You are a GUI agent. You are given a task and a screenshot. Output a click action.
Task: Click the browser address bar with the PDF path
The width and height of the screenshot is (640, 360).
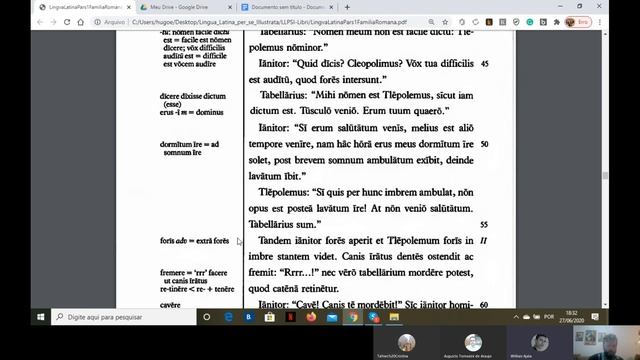300,20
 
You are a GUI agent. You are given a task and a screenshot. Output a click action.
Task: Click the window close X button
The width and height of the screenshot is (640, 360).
629,6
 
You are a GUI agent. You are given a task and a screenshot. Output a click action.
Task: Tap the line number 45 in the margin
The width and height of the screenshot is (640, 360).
484,63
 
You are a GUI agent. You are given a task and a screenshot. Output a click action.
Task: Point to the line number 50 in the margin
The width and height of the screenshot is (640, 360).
484,144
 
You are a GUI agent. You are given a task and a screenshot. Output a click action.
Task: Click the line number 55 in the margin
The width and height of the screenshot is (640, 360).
484,225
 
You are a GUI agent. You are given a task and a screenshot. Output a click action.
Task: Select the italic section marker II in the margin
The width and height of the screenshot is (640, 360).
483,241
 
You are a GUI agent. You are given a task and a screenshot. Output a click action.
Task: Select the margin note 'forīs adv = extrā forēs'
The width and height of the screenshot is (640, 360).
194,241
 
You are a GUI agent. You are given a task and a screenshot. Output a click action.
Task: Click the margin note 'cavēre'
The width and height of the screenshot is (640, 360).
171,304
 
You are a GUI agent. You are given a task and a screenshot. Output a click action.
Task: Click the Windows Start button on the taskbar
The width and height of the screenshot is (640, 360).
41,316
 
